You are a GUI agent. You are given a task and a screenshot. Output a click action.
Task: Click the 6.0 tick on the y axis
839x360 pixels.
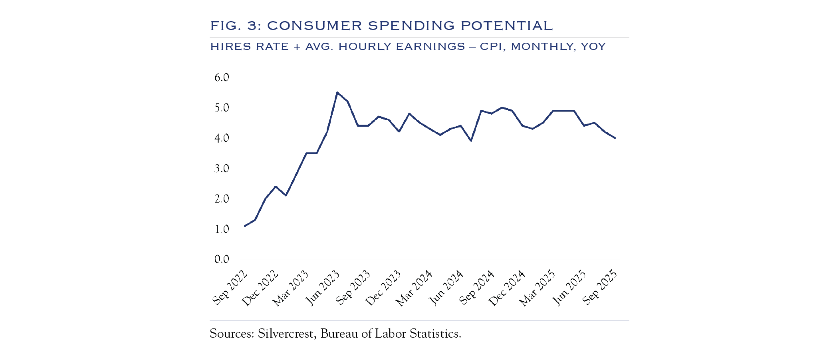click(x=222, y=77)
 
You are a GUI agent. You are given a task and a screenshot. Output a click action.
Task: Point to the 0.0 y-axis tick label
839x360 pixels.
click(x=222, y=259)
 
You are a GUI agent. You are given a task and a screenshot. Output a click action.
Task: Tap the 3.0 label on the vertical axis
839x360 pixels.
click(x=222, y=168)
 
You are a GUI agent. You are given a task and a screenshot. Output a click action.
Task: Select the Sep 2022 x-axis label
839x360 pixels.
click(x=230, y=288)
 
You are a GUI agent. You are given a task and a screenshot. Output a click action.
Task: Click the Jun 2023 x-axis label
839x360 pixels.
click(x=323, y=288)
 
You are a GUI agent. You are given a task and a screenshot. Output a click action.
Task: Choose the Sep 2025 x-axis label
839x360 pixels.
click(x=600, y=288)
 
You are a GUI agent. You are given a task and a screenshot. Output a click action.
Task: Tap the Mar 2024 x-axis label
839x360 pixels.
click(x=415, y=288)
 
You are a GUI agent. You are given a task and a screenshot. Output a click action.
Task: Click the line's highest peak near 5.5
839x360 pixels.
click(x=337, y=92)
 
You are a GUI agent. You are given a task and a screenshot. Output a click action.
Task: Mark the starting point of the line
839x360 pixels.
click(x=245, y=226)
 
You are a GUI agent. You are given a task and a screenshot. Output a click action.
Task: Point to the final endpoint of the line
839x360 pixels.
click(x=615, y=138)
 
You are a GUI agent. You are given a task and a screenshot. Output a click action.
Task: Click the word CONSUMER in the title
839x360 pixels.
click(x=314, y=26)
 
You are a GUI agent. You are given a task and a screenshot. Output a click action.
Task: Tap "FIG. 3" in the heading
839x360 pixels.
click(x=234, y=26)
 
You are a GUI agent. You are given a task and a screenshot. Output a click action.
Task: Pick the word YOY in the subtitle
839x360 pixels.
click(x=593, y=46)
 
